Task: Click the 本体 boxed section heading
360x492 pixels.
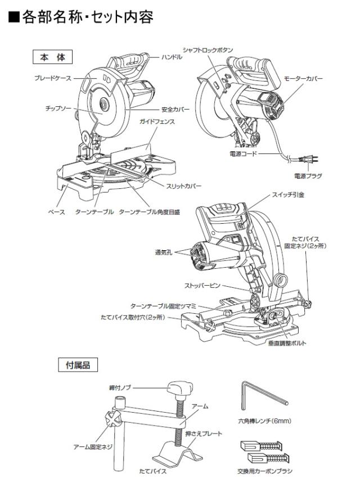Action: (x=53, y=57)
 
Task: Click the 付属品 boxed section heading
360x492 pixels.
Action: (x=78, y=365)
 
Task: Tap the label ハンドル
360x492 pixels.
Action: (x=172, y=57)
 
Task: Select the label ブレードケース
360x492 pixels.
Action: (x=53, y=78)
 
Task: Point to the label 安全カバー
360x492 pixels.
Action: (x=175, y=110)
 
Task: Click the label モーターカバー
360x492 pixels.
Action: (x=303, y=79)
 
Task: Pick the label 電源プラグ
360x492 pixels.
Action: (x=308, y=175)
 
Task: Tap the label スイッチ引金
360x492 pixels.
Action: (x=288, y=195)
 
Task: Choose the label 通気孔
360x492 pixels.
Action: (x=164, y=252)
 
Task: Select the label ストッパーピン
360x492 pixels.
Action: (x=202, y=286)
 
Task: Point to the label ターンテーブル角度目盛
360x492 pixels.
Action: (x=150, y=212)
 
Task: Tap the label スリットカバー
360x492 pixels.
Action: (x=183, y=186)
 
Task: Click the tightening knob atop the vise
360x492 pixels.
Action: (x=180, y=389)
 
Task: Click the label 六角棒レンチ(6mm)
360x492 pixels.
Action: (x=264, y=421)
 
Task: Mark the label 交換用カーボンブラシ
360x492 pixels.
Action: (x=265, y=471)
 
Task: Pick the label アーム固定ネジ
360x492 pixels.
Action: (x=93, y=446)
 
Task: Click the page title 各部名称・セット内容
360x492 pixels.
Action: (x=80, y=17)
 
